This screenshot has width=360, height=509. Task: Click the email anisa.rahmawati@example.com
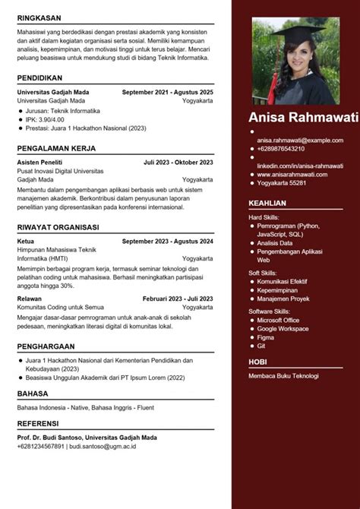pos(300,141)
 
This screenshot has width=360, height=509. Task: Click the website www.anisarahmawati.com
pos(292,174)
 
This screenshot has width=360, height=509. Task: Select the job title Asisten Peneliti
pos(40,162)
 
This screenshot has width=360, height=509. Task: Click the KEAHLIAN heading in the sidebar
pos(267,203)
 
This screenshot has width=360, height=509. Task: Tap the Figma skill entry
pos(266,337)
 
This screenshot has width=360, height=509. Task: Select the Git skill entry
pos(261,346)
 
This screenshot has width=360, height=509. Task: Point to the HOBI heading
pos(259,362)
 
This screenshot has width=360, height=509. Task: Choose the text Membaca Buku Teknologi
pos(283,376)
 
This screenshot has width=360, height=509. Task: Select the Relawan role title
pos(30,299)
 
